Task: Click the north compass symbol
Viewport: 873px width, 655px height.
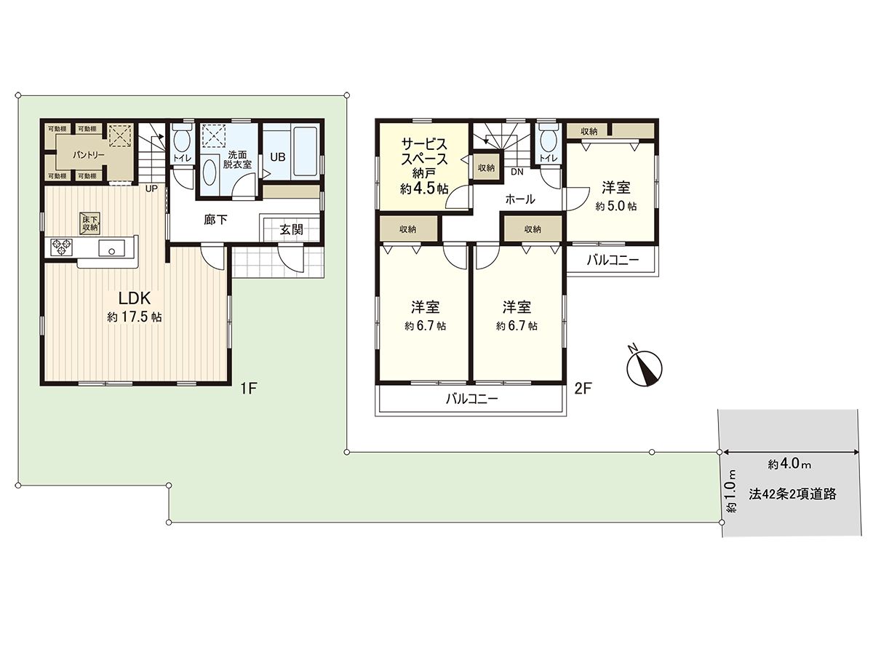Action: pos(642,365)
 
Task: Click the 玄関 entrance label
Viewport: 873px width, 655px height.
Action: pos(291,229)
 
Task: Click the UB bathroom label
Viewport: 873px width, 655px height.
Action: pos(278,156)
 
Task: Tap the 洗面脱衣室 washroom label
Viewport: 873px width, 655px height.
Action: pos(238,159)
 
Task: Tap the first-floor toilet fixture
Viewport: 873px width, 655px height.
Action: pos(182,140)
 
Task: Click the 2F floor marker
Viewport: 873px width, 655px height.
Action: pos(583,389)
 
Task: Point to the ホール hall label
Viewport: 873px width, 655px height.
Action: pos(519,199)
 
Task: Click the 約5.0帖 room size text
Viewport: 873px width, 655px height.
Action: pos(615,207)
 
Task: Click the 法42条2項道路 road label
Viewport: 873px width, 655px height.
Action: pos(792,493)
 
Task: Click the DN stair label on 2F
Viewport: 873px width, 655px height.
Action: pos(517,172)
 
